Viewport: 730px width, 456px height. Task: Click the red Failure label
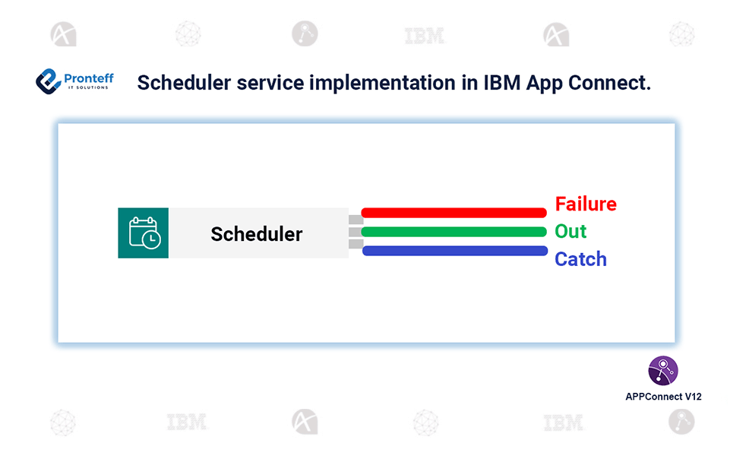tap(586, 204)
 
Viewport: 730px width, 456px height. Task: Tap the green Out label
tap(570, 232)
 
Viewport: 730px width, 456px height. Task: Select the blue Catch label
tap(580, 259)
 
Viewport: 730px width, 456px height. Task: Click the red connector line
tap(454, 213)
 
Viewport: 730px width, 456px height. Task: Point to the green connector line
tap(454, 232)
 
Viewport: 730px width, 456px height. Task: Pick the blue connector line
tap(455, 251)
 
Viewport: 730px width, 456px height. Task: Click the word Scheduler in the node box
tap(257, 234)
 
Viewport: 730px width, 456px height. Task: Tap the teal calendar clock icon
tap(144, 233)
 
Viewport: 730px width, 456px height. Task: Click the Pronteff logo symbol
tap(48, 81)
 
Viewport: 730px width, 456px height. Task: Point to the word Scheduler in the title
tap(184, 83)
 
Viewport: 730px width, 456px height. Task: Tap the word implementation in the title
tap(381, 84)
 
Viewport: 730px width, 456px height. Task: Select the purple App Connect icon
tap(663, 371)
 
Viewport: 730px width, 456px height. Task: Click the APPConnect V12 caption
tap(663, 397)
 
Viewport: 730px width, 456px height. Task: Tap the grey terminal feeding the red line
tap(356, 220)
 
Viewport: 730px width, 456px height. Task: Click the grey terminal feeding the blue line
tap(356, 244)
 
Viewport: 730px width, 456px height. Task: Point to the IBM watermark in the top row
tap(424, 36)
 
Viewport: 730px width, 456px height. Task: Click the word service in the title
tap(270, 83)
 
